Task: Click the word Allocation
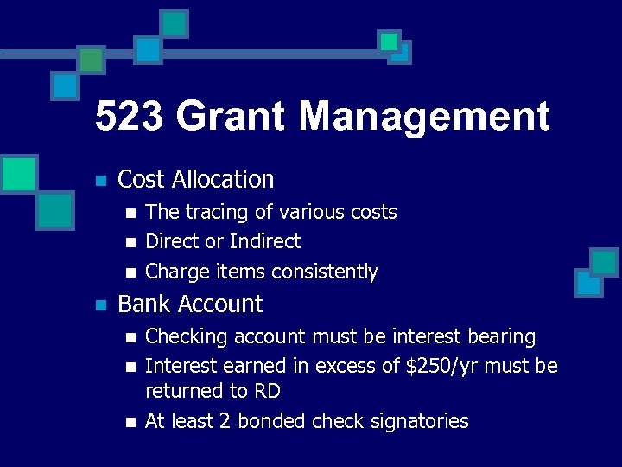(223, 180)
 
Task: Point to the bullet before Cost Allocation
(101, 182)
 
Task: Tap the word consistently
(325, 272)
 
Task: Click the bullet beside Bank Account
(101, 305)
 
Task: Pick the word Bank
(143, 304)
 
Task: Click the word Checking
(182, 336)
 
